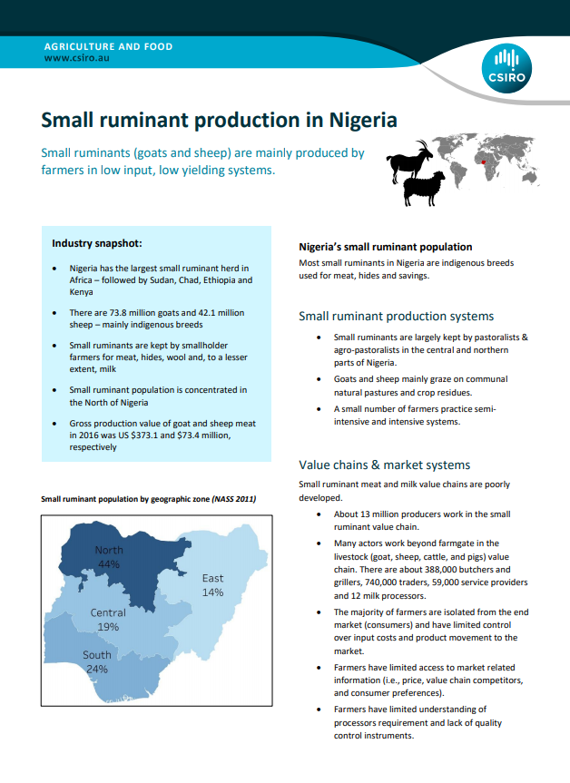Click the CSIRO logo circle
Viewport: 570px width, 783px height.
[510, 68]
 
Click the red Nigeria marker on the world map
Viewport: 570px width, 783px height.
[485, 163]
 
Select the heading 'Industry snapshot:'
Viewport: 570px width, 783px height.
[96, 243]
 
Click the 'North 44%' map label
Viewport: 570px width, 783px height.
[109, 557]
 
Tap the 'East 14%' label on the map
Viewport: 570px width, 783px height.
[212, 585]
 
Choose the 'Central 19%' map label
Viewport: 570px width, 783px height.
[108, 620]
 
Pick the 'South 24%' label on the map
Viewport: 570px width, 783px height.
[97, 661]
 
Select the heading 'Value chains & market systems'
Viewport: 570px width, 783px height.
[385, 465]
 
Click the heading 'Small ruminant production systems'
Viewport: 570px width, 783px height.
[397, 316]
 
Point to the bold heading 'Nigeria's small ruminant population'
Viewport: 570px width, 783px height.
[386, 247]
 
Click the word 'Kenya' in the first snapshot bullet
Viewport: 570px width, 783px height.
[83, 292]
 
